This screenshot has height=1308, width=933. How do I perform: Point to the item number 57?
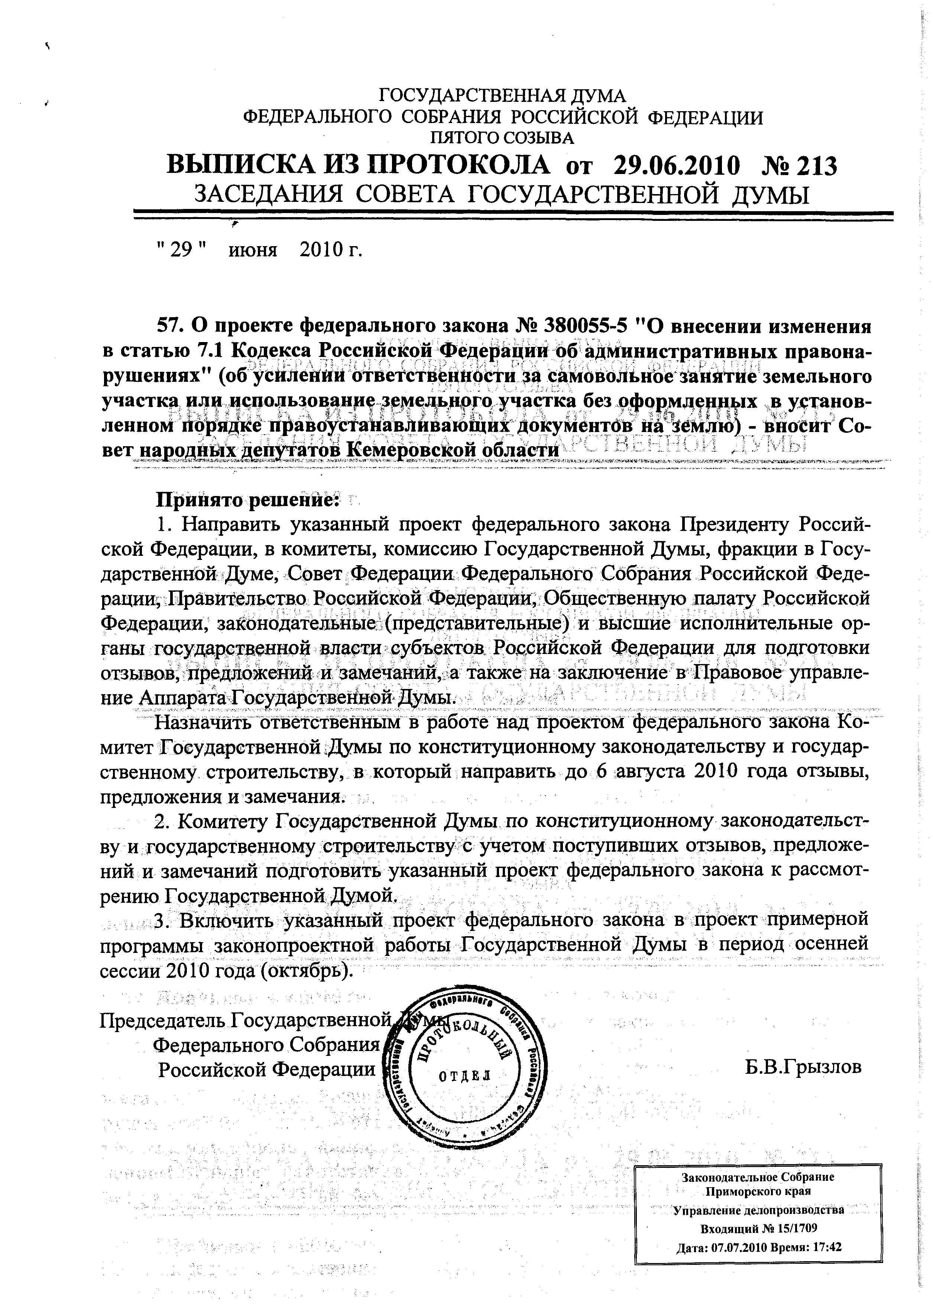coord(170,326)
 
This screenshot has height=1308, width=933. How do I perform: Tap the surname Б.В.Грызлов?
coord(804,1067)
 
